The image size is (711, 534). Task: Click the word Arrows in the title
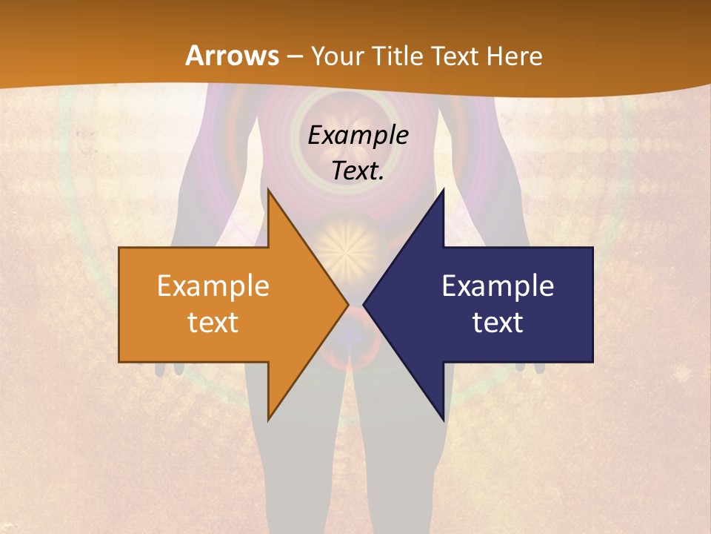(233, 56)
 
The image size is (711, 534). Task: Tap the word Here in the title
(514, 56)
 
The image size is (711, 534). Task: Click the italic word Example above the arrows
(358, 136)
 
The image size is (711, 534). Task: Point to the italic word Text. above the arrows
(358, 171)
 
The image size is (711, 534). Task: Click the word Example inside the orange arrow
(213, 286)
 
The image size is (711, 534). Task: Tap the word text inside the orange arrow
(213, 323)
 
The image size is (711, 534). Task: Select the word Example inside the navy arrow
(498, 286)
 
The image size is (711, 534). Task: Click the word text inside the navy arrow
(498, 323)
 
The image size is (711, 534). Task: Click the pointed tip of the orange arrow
(347, 304)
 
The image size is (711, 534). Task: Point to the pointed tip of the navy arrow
(364, 304)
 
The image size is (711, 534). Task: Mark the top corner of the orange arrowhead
(268, 190)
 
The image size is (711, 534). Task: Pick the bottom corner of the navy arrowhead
(443, 421)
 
